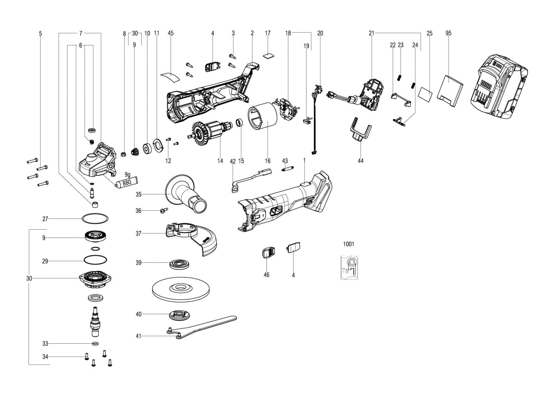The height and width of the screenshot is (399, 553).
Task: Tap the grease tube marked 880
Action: (126, 183)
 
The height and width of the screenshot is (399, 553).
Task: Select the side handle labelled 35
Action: (186, 194)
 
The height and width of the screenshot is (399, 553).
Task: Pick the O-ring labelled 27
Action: (95, 219)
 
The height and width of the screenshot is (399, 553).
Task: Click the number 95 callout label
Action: (448, 33)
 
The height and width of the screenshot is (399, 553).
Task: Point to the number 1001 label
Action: (349, 244)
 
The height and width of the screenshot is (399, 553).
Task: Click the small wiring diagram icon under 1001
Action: (349, 268)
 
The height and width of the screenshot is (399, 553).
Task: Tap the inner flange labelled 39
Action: (180, 265)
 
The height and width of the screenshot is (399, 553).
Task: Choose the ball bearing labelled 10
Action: (147, 149)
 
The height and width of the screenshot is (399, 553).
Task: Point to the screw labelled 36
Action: (164, 211)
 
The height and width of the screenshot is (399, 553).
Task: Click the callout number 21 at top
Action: (372, 33)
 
